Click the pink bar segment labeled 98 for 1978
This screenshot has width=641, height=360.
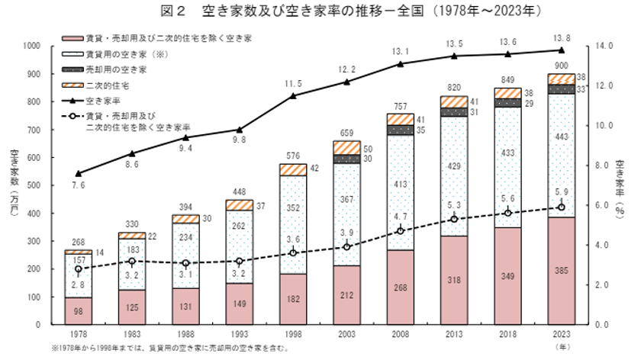click(x=79, y=310)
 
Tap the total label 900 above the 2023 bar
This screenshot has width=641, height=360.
click(x=560, y=66)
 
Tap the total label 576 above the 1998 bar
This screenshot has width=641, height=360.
click(x=294, y=156)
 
